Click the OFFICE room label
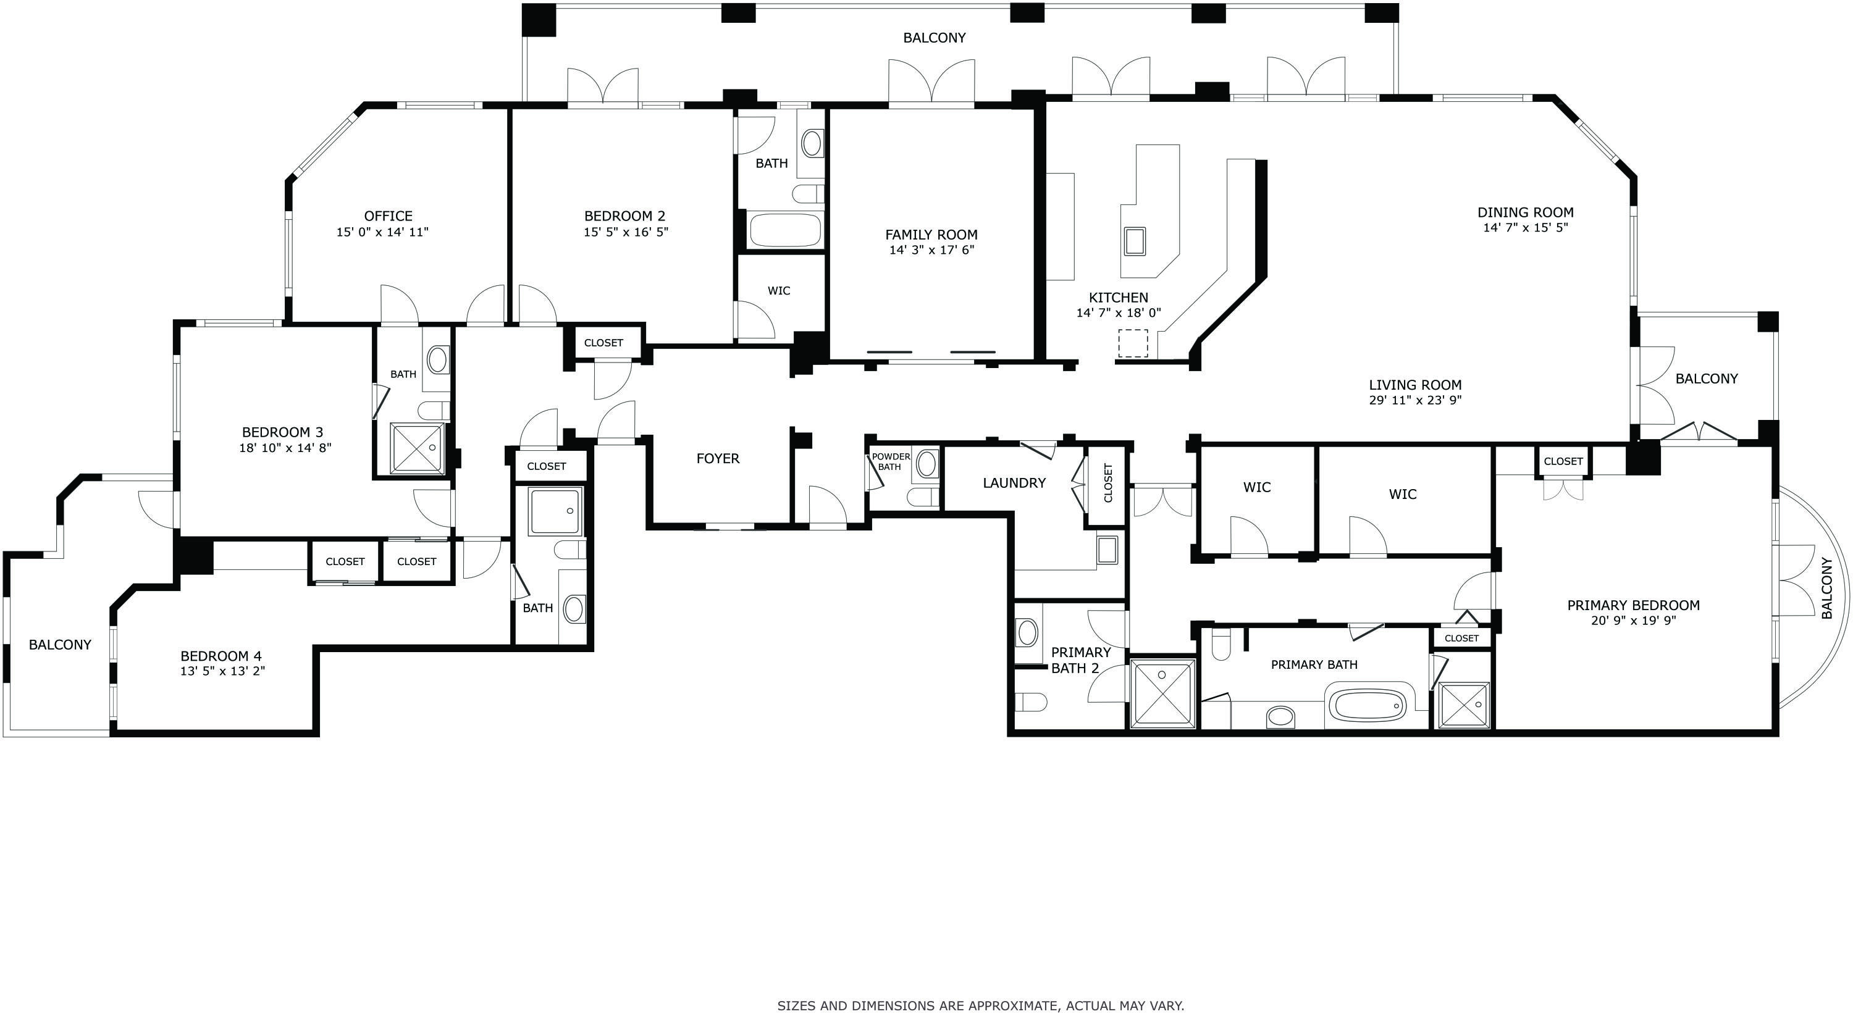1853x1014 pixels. [x=388, y=216]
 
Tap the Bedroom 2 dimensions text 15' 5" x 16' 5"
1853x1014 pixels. [x=625, y=232]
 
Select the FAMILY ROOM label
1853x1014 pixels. [x=931, y=235]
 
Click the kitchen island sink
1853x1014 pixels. [x=1135, y=241]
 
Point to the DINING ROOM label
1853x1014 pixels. [x=1525, y=212]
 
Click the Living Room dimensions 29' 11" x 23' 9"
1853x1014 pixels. [x=1415, y=401]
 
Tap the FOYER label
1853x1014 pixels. [x=717, y=458]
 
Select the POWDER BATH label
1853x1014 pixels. [x=891, y=462]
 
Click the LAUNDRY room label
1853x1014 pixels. [x=1014, y=482]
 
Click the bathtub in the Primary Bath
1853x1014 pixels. [x=1367, y=705]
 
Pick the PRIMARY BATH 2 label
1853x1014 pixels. [x=1080, y=660]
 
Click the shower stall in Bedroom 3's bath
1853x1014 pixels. [x=416, y=448]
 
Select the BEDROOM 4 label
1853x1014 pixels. [x=221, y=656]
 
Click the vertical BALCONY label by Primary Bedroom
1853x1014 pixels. [x=1827, y=589]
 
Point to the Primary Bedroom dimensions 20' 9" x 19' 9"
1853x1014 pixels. [x=1633, y=621]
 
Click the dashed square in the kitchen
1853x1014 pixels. [x=1132, y=343]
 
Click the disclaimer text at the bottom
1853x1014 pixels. [x=980, y=1005]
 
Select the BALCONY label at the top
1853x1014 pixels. [x=934, y=38]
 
